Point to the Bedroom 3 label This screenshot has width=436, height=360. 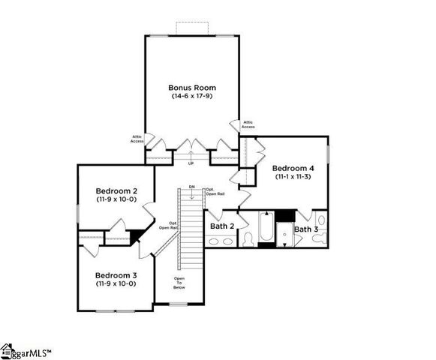click(x=114, y=274)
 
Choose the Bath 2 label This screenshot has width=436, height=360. click(x=223, y=226)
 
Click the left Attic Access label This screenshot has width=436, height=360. click(x=137, y=139)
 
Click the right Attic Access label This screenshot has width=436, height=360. click(x=248, y=124)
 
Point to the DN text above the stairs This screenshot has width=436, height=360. click(x=191, y=186)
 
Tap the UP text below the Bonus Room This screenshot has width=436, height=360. click(x=191, y=163)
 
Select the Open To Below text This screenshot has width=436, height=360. click(x=179, y=282)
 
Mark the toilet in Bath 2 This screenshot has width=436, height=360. click(x=247, y=238)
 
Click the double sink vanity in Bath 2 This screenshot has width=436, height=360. click(x=220, y=241)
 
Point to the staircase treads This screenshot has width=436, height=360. click(x=193, y=232)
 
